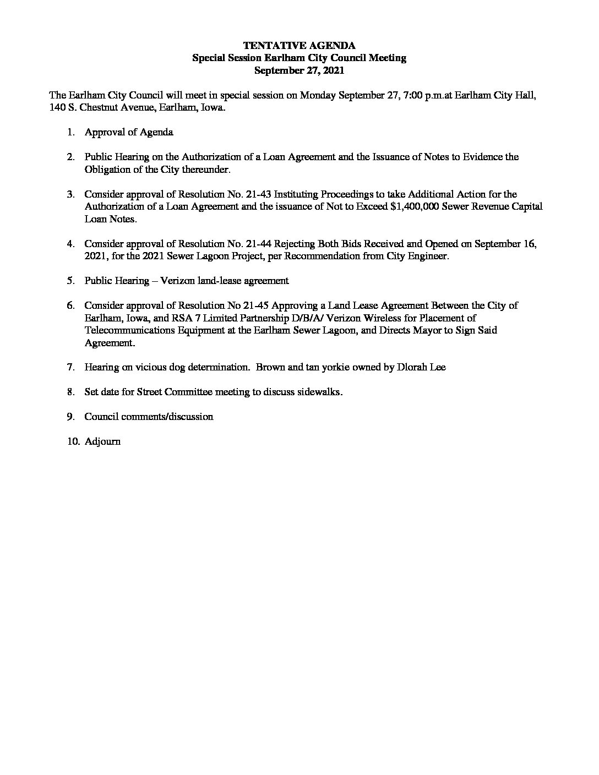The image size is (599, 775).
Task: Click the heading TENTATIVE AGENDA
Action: pos(299,46)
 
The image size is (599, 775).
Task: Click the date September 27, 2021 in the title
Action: pos(299,70)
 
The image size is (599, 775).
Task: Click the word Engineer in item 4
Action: pos(429,256)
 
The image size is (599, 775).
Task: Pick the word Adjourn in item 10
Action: pos(102,441)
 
